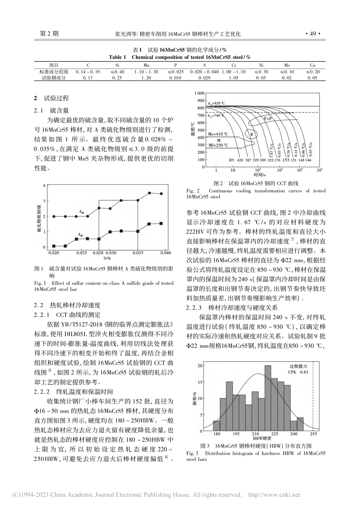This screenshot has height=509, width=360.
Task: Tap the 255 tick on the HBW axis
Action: (313, 434)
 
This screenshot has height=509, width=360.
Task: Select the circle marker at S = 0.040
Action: (161, 194)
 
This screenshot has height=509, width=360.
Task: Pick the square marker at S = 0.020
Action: (54, 246)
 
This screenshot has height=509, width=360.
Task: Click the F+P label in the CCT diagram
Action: (268, 119)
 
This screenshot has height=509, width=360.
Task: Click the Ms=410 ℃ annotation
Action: (219, 134)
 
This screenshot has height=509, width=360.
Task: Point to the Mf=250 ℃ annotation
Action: (219, 145)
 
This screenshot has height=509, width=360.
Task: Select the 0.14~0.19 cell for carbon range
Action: (88, 71)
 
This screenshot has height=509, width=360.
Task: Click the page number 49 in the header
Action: (313, 33)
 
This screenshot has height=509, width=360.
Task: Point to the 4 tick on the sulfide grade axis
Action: (44, 185)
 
